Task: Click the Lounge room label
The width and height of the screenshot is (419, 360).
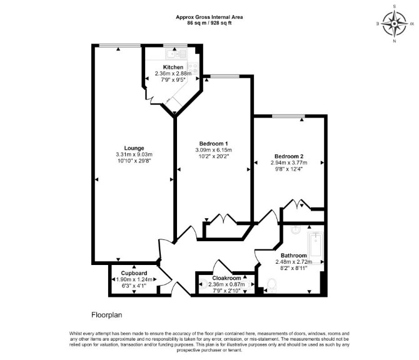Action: [x=134, y=148]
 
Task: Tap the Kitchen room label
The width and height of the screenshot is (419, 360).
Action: [x=173, y=67]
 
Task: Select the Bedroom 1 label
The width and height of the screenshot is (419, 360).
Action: [x=213, y=144]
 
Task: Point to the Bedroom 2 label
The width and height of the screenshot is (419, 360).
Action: [x=289, y=156]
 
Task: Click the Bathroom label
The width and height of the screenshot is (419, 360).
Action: [x=294, y=255]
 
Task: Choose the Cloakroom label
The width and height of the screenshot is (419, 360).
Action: [x=226, y=278]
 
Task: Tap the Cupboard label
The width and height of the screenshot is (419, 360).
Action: [x=134, y=273]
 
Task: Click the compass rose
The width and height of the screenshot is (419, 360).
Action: [x=395, y=24]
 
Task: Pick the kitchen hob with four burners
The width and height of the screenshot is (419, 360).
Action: [x=193, y=67]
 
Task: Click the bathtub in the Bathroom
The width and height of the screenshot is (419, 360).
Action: [x=316, y=248]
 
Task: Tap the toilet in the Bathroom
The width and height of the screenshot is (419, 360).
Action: [x=272, y=286]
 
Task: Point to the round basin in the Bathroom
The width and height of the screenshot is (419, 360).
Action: [x=296, y=230]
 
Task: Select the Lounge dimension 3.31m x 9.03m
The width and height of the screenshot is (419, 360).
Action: [x=134, y=154]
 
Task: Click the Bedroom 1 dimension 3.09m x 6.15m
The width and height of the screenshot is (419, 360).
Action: [x=213, y=150]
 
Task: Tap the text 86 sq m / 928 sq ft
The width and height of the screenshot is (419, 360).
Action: [x=209, y=23]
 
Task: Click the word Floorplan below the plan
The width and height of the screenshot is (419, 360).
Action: [x=106, y=315]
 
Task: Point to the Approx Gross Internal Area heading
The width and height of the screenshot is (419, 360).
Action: [x=209, y=17]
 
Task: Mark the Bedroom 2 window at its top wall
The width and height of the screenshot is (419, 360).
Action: [x=288, y=116]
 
